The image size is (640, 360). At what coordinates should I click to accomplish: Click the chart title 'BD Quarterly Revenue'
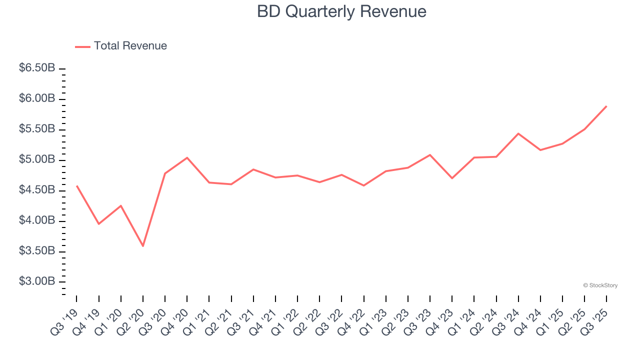(x=341, y=11)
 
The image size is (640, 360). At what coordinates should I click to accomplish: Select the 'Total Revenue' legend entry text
(x=130, y=46)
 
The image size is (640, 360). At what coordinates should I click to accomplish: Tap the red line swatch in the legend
(x=82, y=46)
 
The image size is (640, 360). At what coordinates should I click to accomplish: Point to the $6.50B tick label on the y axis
(x=37, y=68)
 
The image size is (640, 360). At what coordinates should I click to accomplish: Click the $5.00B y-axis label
(x=37, y=159)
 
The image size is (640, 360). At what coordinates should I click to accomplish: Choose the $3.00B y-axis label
(x=37, y=281)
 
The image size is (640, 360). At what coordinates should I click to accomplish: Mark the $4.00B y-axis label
(x=37, y=220)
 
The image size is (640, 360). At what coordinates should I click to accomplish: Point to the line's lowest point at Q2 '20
(x=143, y=246)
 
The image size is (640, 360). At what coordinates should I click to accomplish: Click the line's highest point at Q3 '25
(x=606, y=106)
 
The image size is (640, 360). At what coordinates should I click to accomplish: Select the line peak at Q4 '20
(x=187, y=157)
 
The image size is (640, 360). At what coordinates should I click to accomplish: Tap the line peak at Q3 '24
(x=518, y=133)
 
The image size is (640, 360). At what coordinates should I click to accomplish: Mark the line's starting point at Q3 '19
(x=76, y=185)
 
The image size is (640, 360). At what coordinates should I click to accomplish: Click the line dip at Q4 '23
(x=452, y=178)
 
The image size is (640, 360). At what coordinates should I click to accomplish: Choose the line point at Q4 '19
(x=98, y=223)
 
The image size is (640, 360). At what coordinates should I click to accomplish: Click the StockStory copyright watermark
(x=600, y=285)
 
